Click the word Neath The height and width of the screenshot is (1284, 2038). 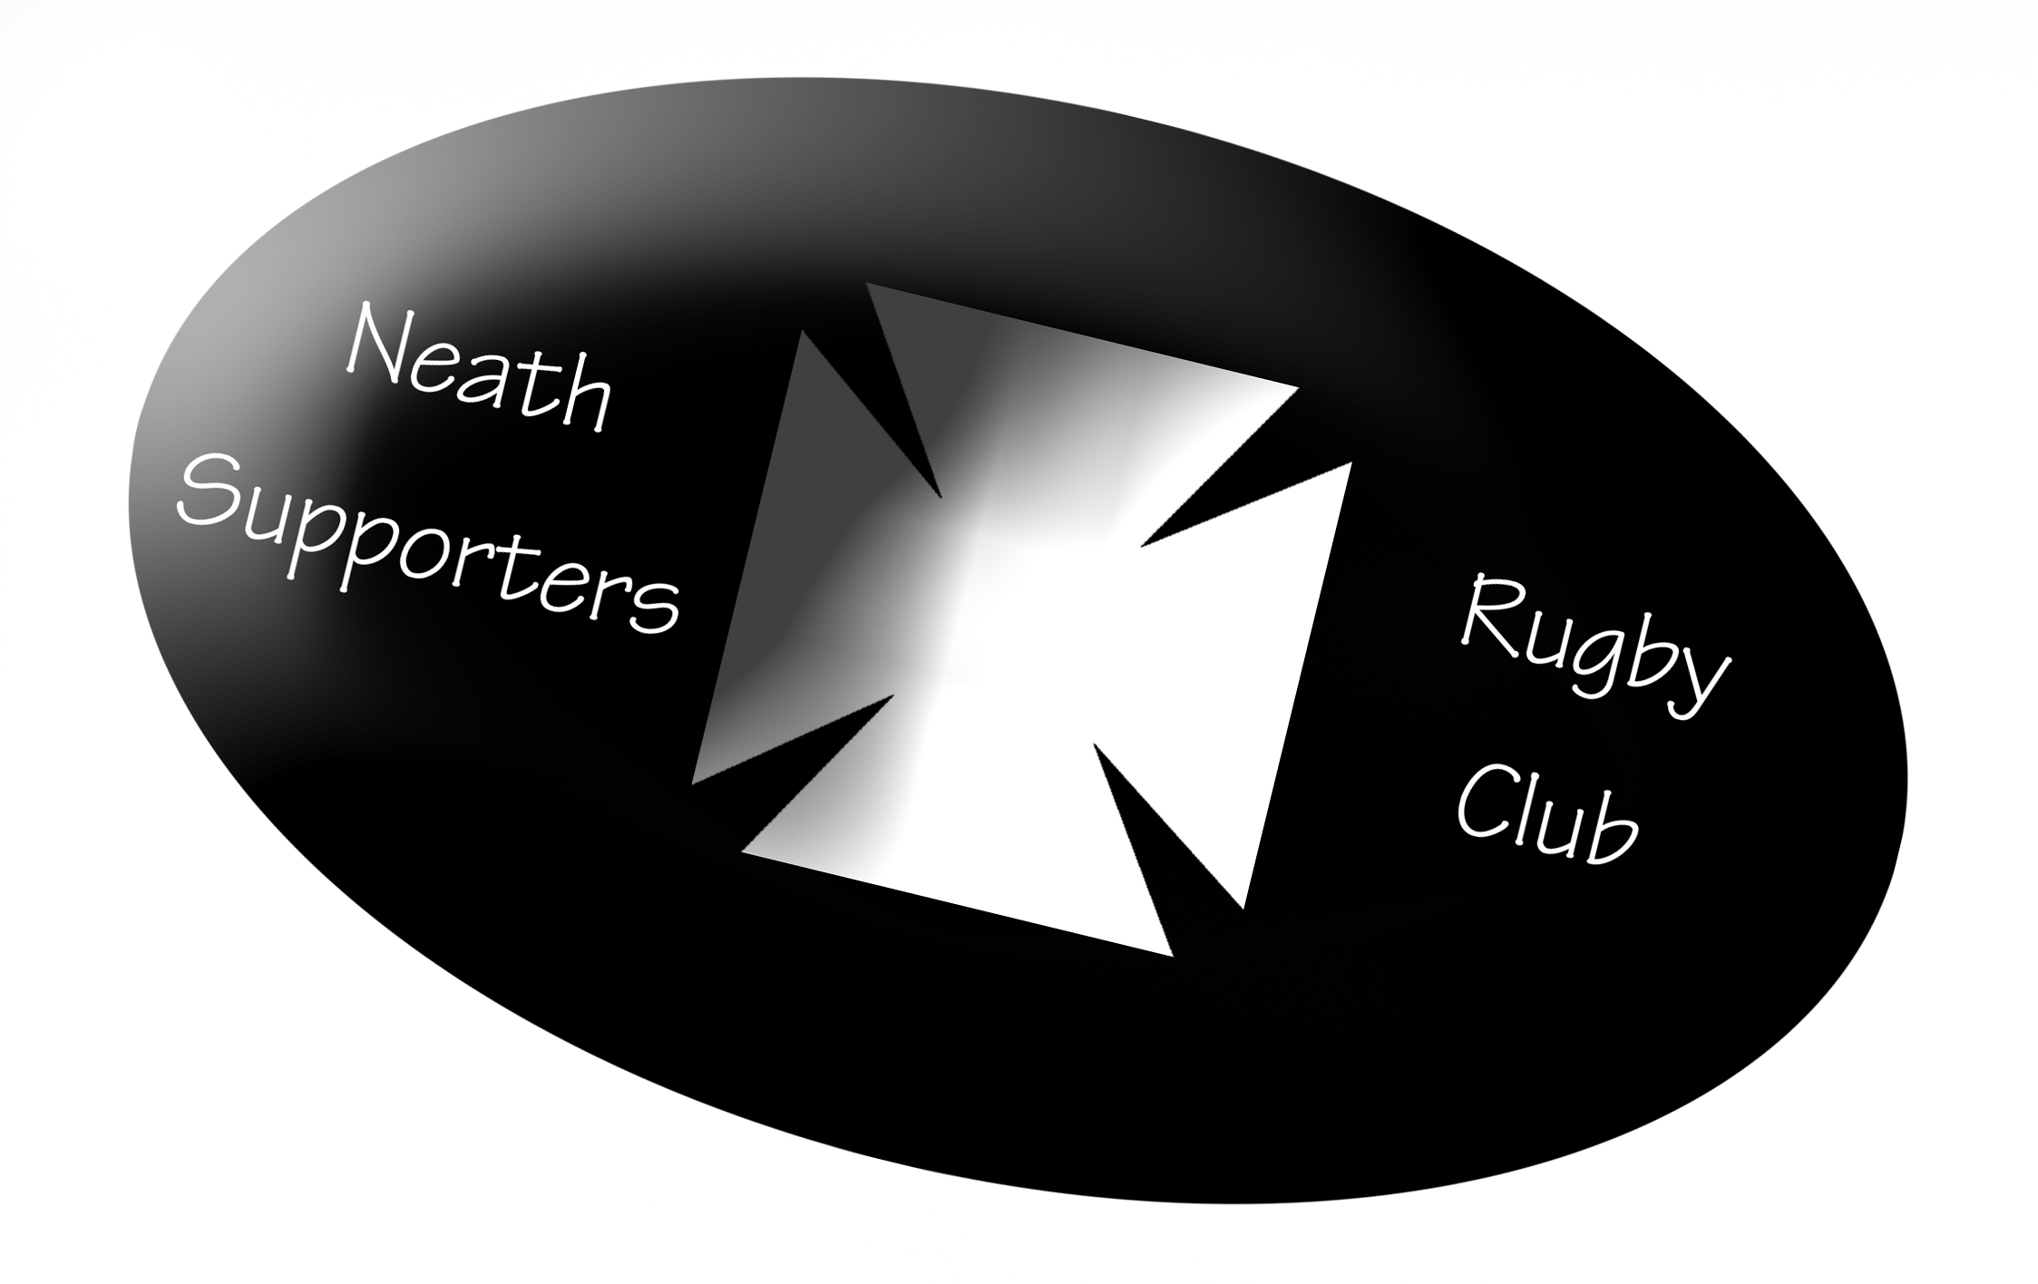(479, 374)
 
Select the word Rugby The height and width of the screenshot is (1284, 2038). (1594, 655)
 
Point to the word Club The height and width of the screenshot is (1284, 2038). (1547, 814)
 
